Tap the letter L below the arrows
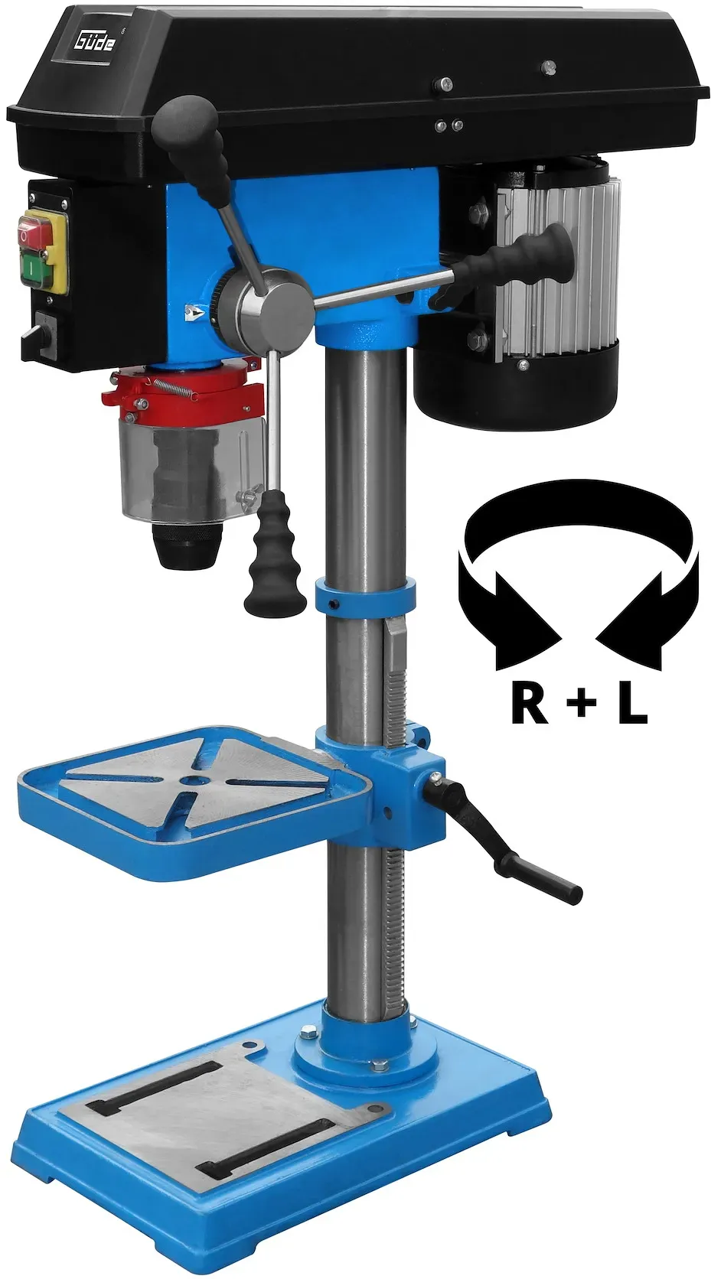click(634, 707)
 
